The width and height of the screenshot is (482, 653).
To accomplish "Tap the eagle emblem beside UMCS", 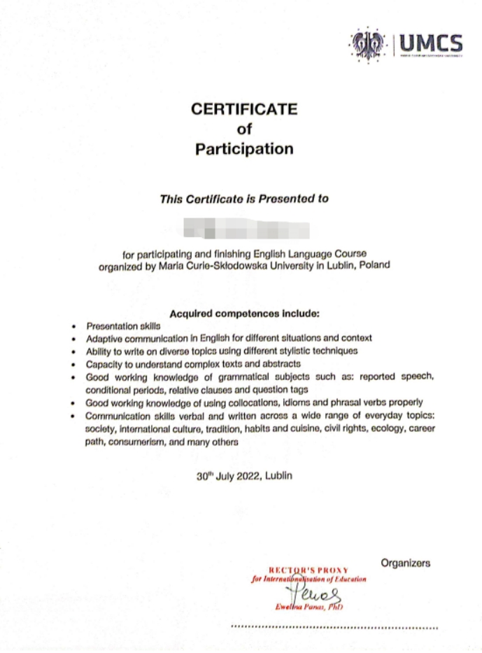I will pyautogui.click(x=368, y=44).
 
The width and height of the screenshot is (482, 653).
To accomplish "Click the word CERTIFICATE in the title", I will pyautogui.click(x=244, y=109).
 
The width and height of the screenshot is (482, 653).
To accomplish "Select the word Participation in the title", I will pyautogui.click(x=244, y=148).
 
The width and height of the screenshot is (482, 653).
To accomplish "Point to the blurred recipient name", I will pyautogui.click(x=244, y=229).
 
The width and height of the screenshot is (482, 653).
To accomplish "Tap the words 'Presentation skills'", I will pyautogui.click(x=123, y=326).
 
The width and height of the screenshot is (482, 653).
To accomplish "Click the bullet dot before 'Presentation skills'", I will pyautogui.click(x=74, y=327).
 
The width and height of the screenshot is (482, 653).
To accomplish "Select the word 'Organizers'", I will pyautogui.click(x=406, y=563).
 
